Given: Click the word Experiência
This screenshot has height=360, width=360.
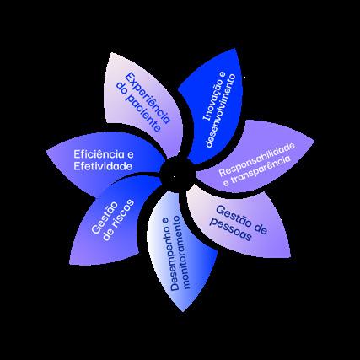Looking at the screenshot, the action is [x=148, y=98].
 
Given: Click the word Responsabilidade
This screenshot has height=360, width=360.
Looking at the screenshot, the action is [x=256, y=159].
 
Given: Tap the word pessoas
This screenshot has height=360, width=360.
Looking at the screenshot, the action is [x=231, y=229].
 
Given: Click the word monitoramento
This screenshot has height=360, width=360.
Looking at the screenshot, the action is [x=182, y=252].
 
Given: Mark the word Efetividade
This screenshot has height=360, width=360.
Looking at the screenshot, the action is [x=103, y=166].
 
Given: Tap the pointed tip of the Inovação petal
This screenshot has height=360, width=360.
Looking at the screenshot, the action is [x=235, y=48].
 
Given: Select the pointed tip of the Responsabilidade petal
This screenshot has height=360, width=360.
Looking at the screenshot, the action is [x=314, y=139].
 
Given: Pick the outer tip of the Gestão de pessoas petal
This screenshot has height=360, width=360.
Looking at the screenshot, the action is [x=290, y=257].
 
